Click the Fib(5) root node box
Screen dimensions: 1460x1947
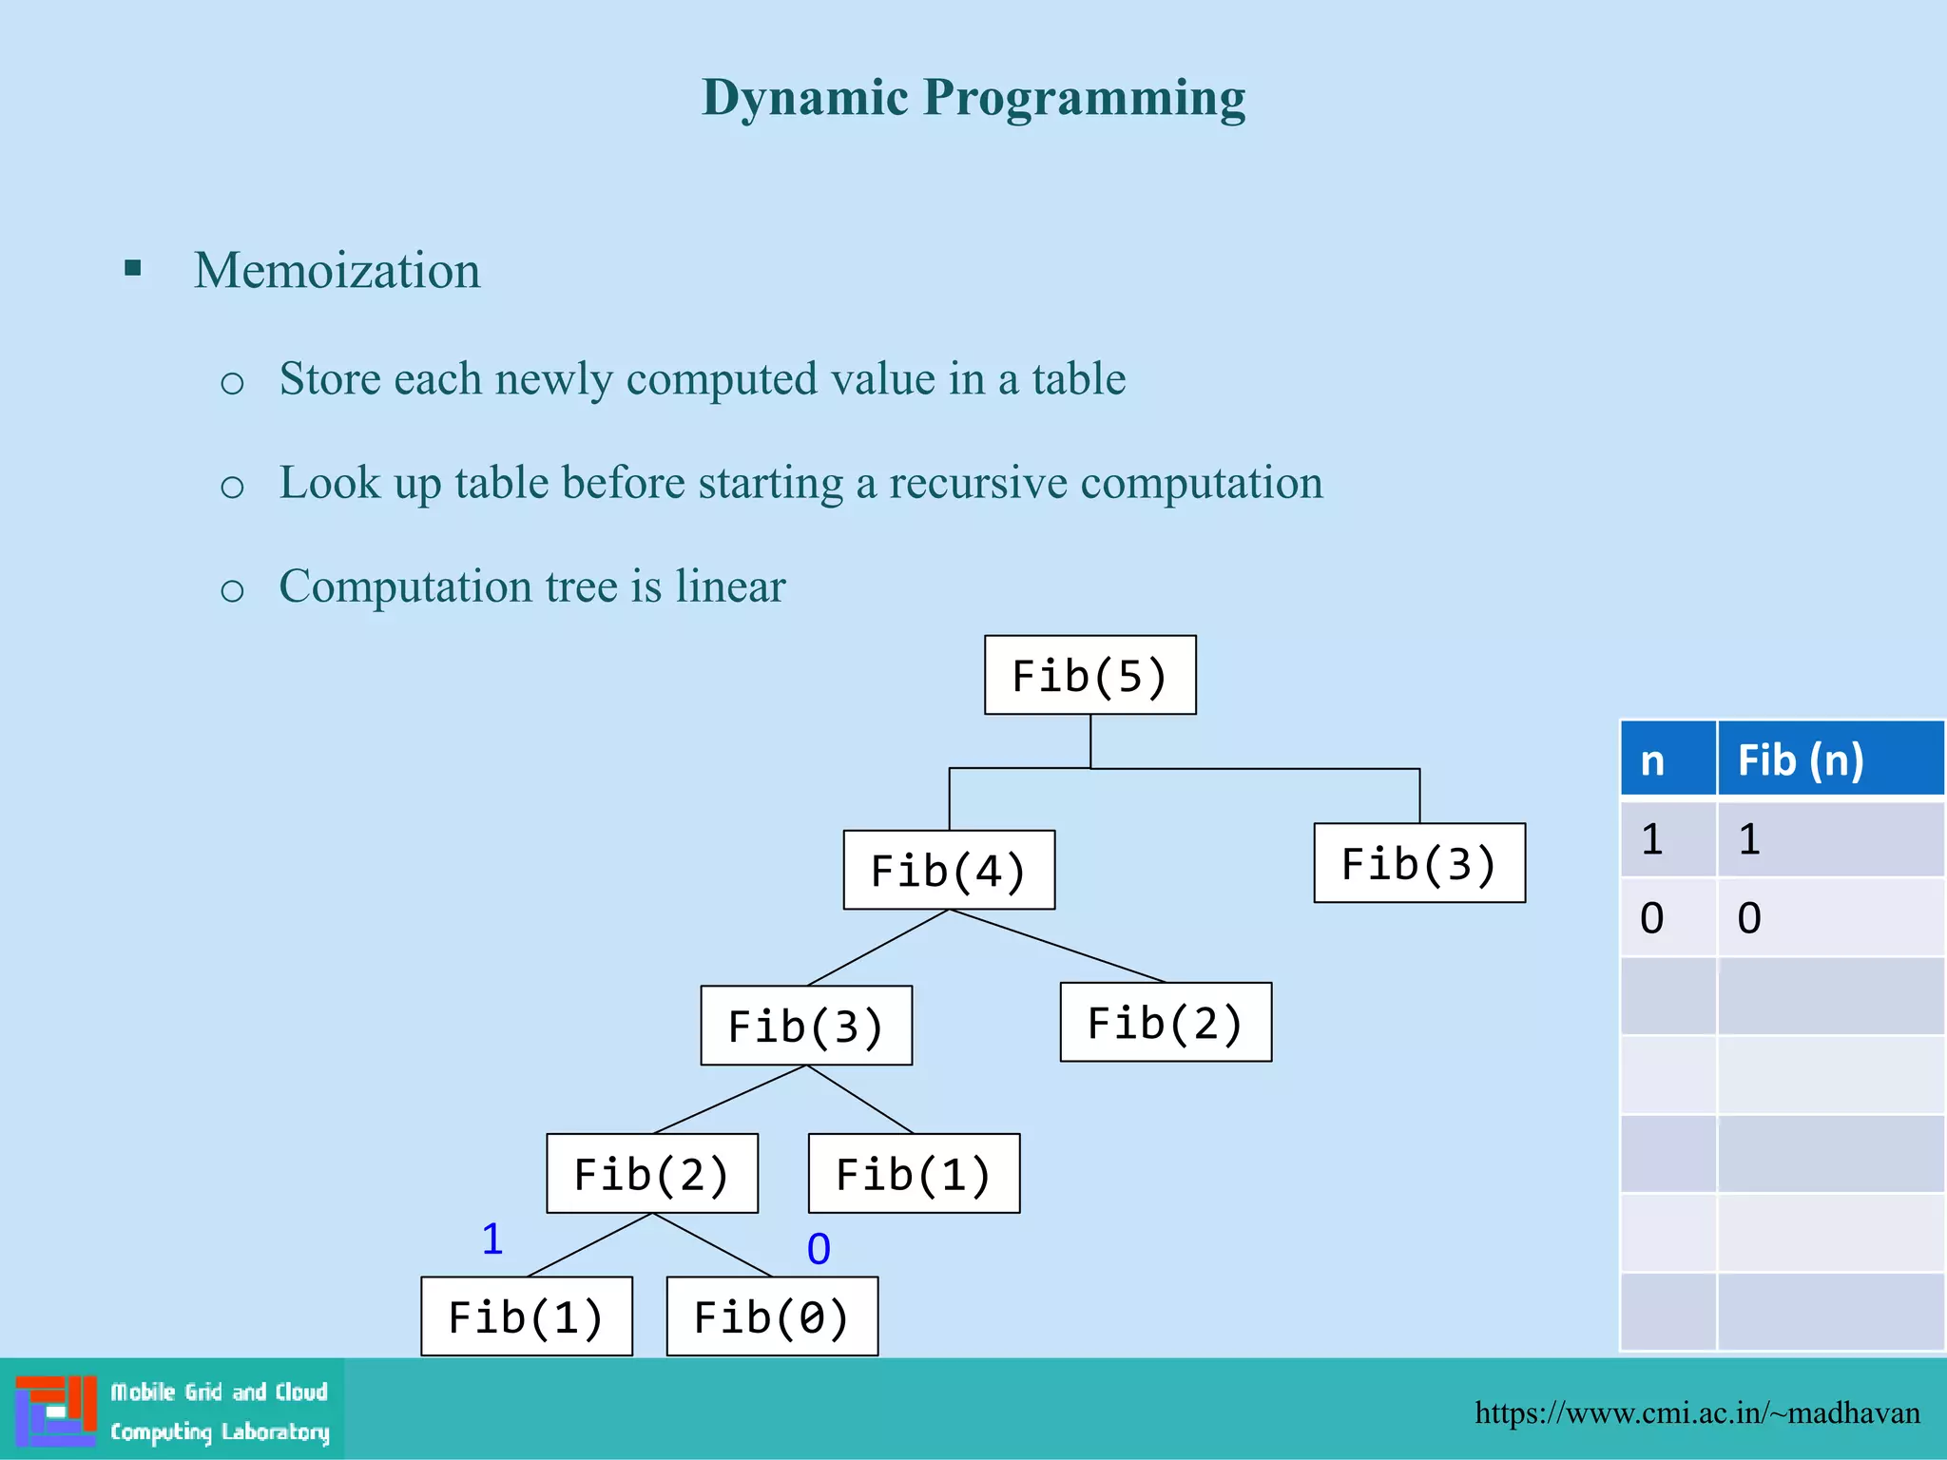(x=1089, y=675)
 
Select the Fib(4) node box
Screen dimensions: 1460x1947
(x=949, y=870)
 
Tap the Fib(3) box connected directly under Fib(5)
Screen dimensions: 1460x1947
(x=1418, y=863)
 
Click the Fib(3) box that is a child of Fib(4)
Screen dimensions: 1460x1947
(x=806, y=1026)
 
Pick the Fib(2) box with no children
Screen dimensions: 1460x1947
(x=1166, y=1023)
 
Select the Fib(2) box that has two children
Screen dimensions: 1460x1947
(x=652, y=1173)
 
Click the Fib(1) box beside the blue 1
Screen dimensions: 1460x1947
(x=526, y=1316)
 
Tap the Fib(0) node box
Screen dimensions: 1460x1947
(x=772, y=1316)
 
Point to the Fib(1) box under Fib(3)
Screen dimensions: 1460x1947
(x=914, y=1173)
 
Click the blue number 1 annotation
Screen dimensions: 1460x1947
(x=492, y=1239)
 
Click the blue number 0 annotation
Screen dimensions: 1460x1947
(x=819, y=1249)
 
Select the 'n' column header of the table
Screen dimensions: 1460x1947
(x=1653, y=760)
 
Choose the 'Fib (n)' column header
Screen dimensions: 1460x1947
(x=1801, y=760)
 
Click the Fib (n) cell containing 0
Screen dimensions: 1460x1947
(x=1749, y=918)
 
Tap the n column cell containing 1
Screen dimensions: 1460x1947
(x=1652, y=839)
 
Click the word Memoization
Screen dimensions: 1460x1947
(x=337, y=270)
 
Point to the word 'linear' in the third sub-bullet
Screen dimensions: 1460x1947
(x=730, y=586)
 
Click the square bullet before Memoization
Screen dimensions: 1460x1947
(x=133, y=269)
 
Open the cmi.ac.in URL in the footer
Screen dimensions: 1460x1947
(x=1697, y=1412)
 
